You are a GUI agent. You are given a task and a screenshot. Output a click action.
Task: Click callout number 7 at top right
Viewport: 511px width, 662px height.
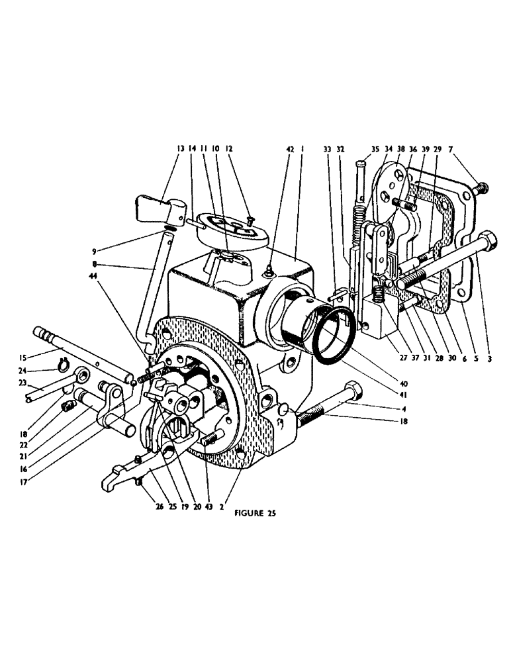tap(451, 150)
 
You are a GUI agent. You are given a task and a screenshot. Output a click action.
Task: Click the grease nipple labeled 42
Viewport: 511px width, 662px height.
tap(269, 268)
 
